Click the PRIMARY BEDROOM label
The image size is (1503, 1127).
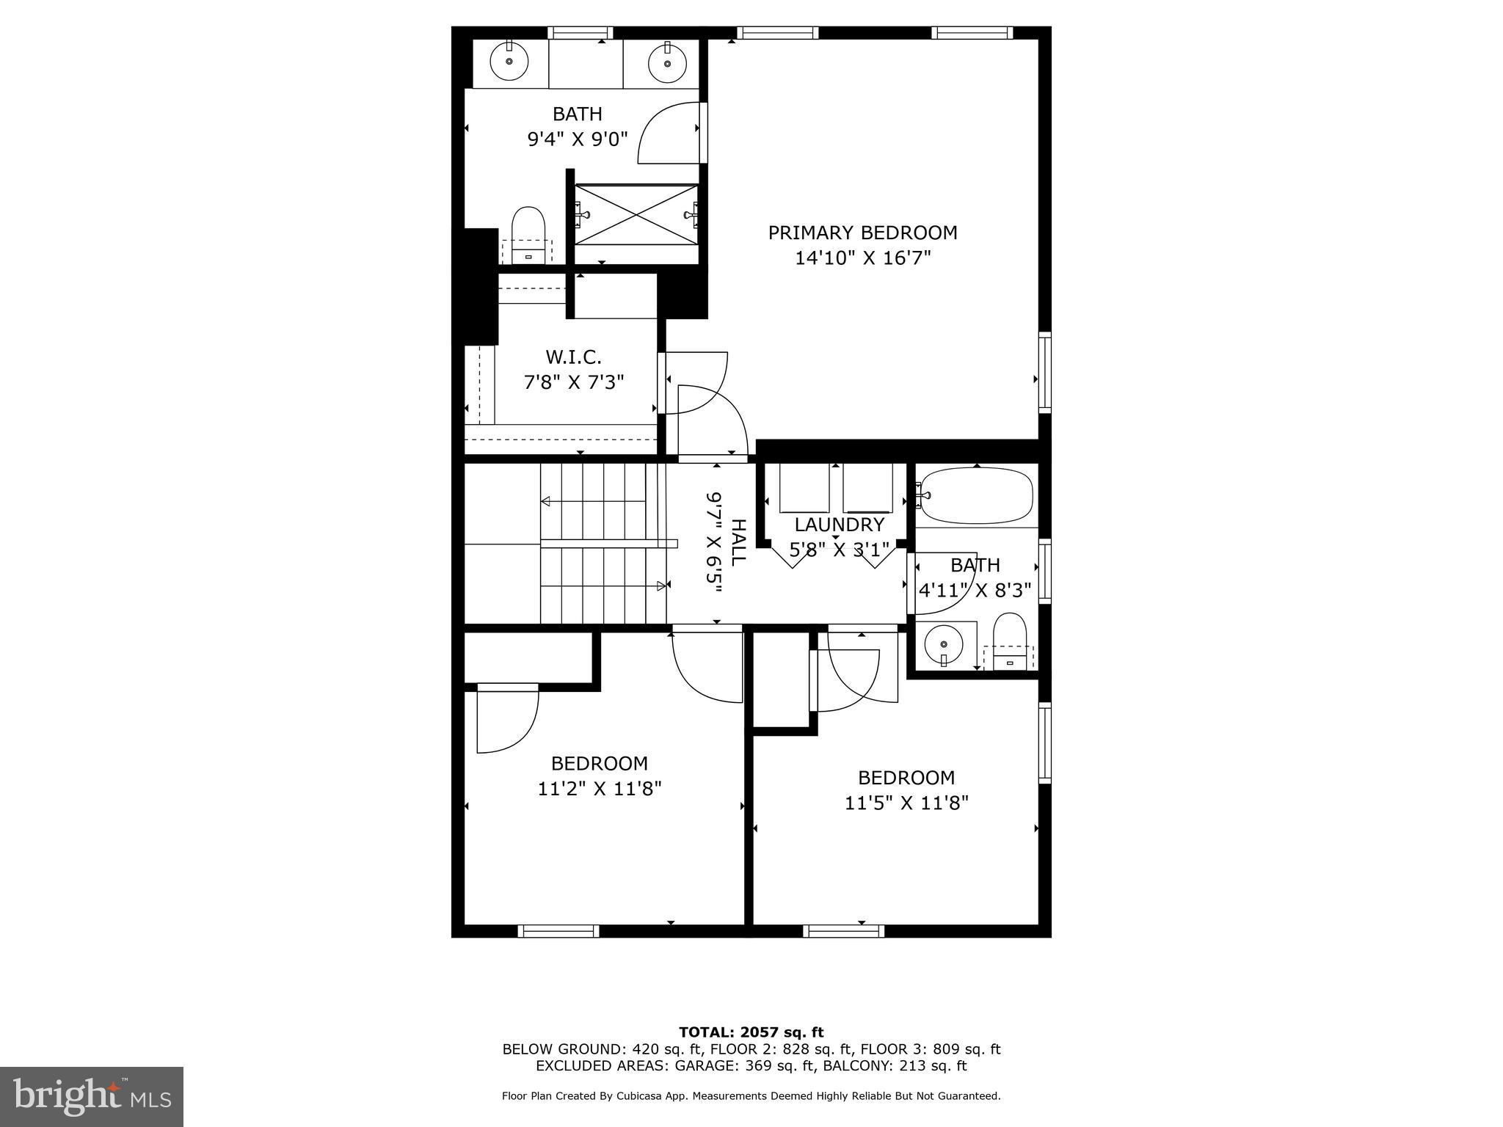tap(862, 233)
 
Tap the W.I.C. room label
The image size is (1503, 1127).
tap(573, 357)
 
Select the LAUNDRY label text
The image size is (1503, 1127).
tap(839, 525)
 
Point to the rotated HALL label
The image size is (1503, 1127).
tap(738, 542)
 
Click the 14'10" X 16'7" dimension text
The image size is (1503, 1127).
tap(862, 258)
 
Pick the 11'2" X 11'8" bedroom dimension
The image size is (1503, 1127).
tap(599, 789)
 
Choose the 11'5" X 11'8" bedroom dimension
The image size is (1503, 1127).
tap(906, 803)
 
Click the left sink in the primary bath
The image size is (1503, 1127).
tap(509, 62)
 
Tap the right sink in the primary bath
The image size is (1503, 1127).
tap(667, 62)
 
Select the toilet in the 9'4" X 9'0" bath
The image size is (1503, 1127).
tap(528, 233)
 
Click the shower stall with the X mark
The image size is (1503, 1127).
tap(636, 214)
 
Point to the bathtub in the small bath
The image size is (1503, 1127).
tap(977, 495)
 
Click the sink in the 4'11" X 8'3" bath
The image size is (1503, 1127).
tap(942, 645)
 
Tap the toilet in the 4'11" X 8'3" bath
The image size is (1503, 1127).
tap(1009, 640)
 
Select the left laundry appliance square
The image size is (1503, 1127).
tap(804, 488)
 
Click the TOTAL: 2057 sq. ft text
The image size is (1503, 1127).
tap(751, 1032)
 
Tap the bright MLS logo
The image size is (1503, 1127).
tap(92, 1096)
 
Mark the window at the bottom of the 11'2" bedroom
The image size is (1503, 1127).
tap(558, 931)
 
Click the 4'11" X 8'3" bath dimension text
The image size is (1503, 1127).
tap(975, 589)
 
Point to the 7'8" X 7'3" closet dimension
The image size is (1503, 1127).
tap(573, 382)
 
